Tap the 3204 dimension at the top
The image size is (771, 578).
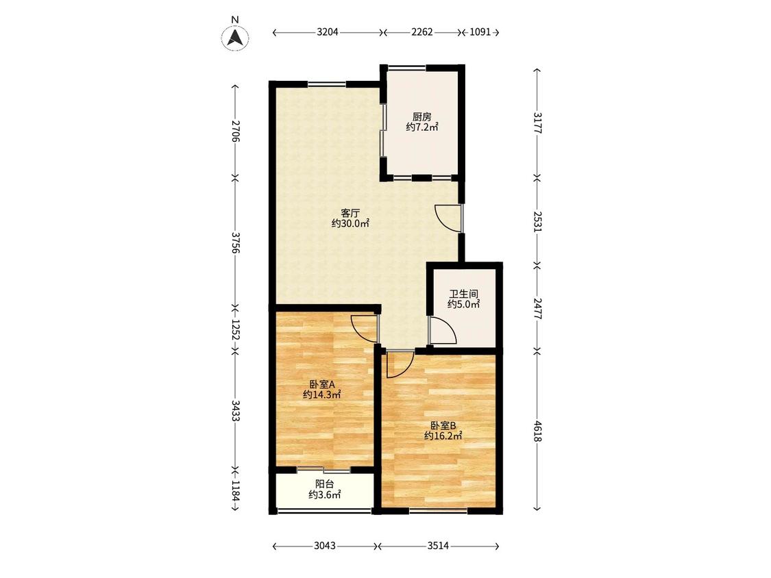click(x=328, y=32)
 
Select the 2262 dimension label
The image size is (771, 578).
click(x=422, y=32)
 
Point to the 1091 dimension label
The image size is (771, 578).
click(x=480, y=32)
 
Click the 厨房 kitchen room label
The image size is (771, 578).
click(x=422, y=117)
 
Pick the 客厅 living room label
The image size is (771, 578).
click(x=351, y=213)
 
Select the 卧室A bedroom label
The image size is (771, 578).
click(x=322, y=384)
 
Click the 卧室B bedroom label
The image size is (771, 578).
click(x=443, y=425)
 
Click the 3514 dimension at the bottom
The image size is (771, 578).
click(x=438, y=546)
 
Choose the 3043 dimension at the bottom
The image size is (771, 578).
click(x=325, y=546)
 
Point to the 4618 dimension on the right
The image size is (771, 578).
click(x=537, y=431)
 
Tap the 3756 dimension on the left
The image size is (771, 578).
click(x=236, y=243)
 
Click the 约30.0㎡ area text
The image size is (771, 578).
click(x=351, y=224)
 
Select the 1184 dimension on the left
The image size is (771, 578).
click(x=236, y=490)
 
